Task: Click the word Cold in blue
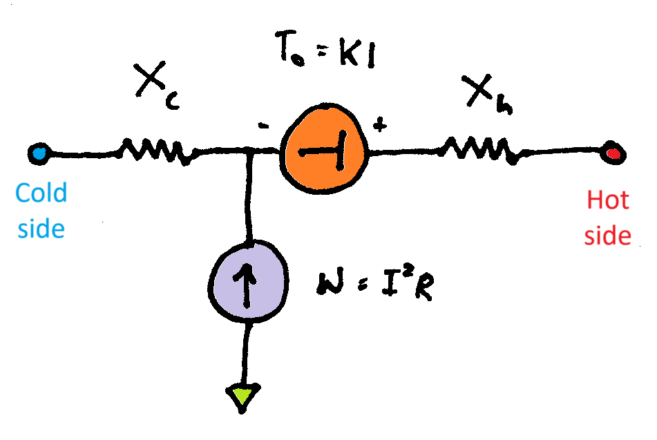42,193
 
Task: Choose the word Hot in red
608,200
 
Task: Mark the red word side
608,236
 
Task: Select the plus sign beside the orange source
379,126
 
